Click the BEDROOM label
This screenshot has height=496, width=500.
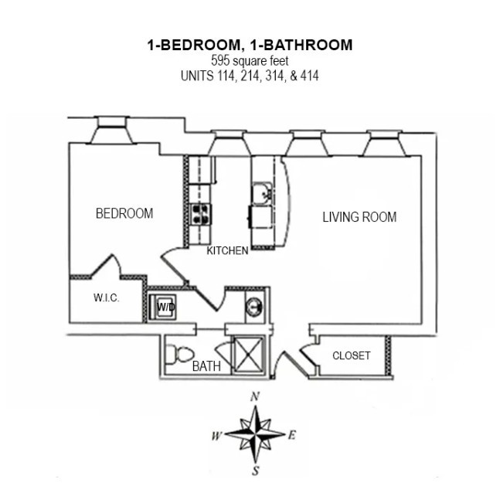click(x=124, y=213)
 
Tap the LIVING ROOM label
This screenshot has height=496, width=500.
click(x=359, y=217)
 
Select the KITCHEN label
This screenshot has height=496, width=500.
click(x=227, y=250)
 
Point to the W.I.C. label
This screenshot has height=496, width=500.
click(x=106, y=298)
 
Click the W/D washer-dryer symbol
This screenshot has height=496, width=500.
click(x=165, y=307)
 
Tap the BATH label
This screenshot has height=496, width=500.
click(x=206, y=366)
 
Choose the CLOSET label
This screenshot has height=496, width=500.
click(x=351, y=355)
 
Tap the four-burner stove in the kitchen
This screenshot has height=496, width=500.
click(x=202, y=213)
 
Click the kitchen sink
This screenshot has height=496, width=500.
click(x=262, y=193)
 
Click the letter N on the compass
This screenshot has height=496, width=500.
click(x=254, y=396)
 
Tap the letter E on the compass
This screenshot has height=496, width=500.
click(x=292, y=435)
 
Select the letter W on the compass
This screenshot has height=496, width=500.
click(x=216, y=436)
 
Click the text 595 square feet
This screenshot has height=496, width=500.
click(x=250, y=60)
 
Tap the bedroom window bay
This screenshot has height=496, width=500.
click(x=111, y=132)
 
